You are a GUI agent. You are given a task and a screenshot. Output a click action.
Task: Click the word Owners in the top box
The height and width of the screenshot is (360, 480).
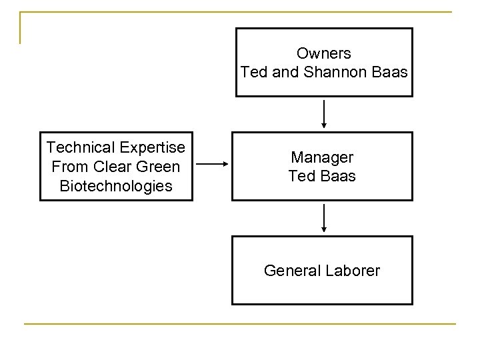click(x=323, y=53)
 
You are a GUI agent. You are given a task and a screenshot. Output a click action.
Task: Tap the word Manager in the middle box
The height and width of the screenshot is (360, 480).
click(x=323, y=157)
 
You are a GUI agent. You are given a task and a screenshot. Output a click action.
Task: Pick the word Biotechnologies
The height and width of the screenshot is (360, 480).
click(x=116, y=185)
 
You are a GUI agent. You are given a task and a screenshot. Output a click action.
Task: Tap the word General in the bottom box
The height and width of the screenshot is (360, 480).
click(x=291, y=270)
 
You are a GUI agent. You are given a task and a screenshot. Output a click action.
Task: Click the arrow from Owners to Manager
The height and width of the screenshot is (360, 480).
click(x=323, y=113)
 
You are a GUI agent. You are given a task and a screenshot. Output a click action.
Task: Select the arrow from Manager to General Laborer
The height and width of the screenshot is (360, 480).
click(x=323, y=217)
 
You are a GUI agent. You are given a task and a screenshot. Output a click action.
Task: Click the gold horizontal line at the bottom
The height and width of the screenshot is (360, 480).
click(x=240, y=324)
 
